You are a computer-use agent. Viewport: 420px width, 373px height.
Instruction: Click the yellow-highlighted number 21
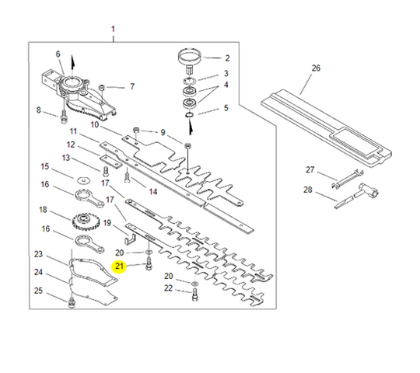pyautogui.click(x=119, y=267)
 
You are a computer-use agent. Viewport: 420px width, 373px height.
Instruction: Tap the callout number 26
pyautogui.click(x=316, y=68)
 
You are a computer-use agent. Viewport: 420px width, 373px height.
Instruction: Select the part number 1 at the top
pyautogui.click(x=113, y=29)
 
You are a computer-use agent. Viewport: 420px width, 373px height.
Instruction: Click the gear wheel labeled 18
pyautogui.click(x=82, y=221)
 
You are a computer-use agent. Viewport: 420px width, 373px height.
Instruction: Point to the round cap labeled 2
pyautogui.click(x=190, y=57)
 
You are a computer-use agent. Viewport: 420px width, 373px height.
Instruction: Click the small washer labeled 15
pyautogui.click(x=84, y=180)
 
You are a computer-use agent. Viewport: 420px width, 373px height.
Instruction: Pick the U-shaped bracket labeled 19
pyautogui.click(x=130, y=239)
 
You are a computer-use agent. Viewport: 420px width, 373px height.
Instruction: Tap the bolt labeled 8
pyautogui.click(x=64, y=117)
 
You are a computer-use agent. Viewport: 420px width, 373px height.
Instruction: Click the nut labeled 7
pyautogui.click(x=102, y=88)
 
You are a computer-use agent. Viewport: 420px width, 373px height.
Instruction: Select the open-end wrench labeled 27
pyautogui.click(x=347, y=178)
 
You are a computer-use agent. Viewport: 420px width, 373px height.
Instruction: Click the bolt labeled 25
pyautogui.click(x=72, y=302)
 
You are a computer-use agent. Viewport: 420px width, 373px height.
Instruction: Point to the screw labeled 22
pyautogui.click(x=195, y=295)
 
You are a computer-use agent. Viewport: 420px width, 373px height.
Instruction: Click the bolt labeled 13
pyautogui.click(x=105, y=171)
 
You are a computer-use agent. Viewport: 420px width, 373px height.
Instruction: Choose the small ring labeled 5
pyautogui.click(x=188, y=115)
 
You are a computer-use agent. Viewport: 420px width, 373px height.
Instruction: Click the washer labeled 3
pyautogui.click(x=190, y=80)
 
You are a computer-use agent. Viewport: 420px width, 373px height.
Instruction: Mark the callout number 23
pyautogui.click(x=38, y=254)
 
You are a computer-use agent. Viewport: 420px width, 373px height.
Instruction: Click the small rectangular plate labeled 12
pyautogui.click(x=111, y=162)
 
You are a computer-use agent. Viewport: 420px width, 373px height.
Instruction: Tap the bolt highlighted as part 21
pyautogui.click(x=149, y=264)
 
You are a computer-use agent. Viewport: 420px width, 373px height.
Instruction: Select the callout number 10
pyautogui.click(x=95, y=124)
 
